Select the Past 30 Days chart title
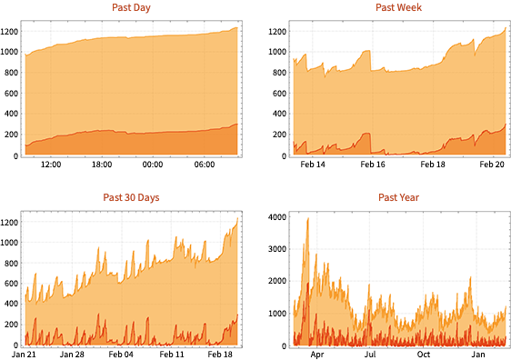132,197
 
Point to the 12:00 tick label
50,165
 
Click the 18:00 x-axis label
101,165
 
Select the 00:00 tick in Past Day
152,165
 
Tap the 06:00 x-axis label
205,165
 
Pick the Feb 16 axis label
372,165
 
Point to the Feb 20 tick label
492,165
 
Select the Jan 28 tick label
73,354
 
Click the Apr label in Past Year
316,354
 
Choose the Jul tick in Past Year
370,354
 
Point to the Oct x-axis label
423,354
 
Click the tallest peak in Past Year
307,219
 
